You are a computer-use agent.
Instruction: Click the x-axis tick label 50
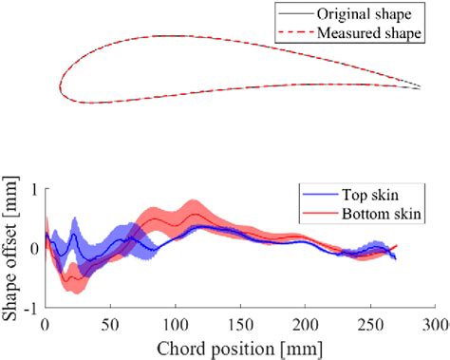110,323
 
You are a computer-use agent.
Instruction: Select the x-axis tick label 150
240,323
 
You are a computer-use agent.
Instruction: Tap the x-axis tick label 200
305,323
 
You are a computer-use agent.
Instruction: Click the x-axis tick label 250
370,323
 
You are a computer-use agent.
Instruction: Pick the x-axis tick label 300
434,323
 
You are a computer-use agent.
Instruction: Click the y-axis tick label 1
34,188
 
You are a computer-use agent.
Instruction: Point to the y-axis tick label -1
30,309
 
